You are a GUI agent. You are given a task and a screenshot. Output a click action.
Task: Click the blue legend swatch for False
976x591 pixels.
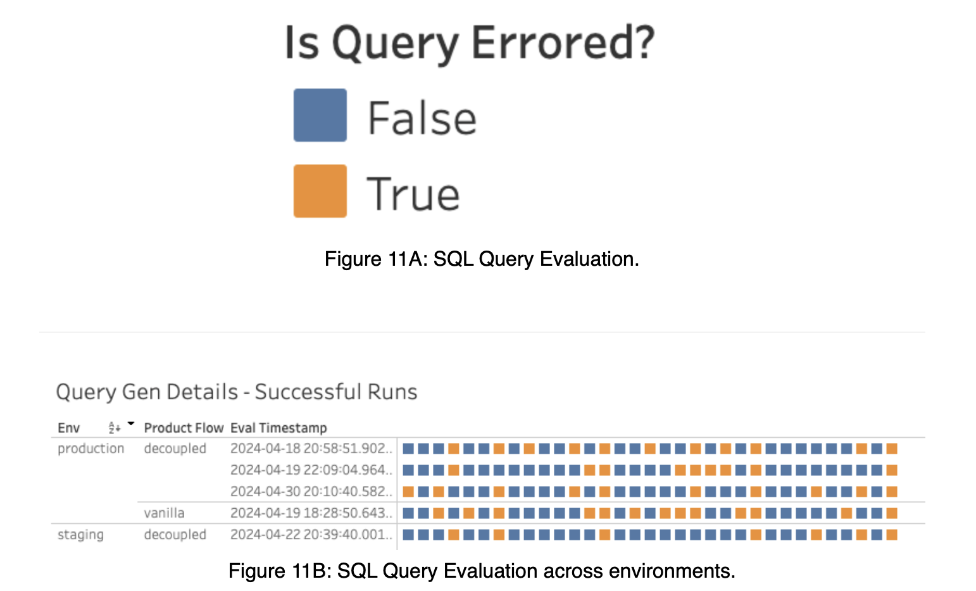(320, 115)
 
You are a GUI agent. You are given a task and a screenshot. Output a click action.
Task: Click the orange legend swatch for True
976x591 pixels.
(320, 190)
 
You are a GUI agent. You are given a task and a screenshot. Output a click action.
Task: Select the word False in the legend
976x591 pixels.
(422, 118)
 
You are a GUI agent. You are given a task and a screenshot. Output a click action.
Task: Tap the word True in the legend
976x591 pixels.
(413, 194)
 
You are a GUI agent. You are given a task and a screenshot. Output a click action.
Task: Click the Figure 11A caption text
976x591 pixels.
(482, 259)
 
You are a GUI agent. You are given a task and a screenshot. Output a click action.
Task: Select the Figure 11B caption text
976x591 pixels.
(482, 571)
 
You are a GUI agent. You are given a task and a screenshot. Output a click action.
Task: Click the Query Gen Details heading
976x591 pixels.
(237, 392)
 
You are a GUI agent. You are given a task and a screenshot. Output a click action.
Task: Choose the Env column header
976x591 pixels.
(68, 428)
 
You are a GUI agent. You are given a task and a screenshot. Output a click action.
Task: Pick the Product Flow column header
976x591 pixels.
(184, 428)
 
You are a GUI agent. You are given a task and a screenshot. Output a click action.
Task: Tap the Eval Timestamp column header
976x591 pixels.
(278, 428)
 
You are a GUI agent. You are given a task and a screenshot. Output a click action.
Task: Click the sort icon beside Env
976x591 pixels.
(114, 428)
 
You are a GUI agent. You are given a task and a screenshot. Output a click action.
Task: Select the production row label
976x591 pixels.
(91, 449)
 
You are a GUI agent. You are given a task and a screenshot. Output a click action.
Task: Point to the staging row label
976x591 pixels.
(80, 535)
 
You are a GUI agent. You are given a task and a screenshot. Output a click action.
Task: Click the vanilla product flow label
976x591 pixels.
(164, 513)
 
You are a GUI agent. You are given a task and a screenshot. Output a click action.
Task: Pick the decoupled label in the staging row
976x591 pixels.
(175, 535)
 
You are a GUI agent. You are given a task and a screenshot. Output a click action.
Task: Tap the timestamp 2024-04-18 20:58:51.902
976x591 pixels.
(311, 449)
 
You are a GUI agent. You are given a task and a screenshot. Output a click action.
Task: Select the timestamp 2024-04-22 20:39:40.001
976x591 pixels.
(311, 535)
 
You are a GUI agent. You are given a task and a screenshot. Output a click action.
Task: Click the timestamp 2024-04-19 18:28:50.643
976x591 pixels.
(311, 513)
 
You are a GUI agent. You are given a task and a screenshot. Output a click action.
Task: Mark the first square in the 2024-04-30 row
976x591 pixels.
(408, 492)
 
